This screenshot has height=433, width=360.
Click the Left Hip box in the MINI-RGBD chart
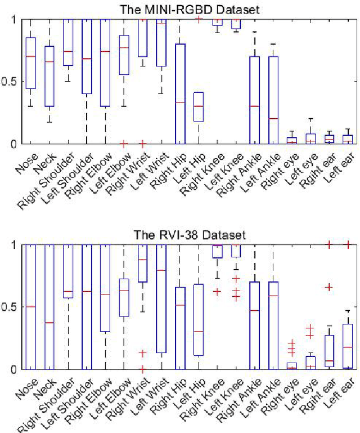pyautogui.click(x=199, y=106)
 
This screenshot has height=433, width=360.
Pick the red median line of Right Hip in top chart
pyautogui.click(x=181, y=102)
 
